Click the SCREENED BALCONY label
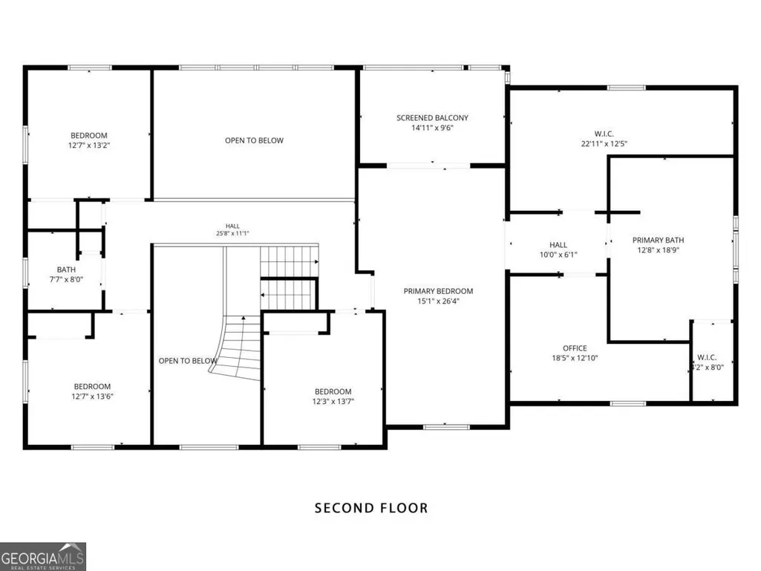click(432, 117)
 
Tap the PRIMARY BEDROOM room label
click(438, 291)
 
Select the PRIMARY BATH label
click(658, 240)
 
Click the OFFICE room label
click(575, 348)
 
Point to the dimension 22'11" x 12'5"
click(604, 143)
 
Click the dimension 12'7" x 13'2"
click(89, 146)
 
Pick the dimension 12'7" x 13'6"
click(92, 397)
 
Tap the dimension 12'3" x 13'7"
click(333, 401)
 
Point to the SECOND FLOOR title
click(371, 508)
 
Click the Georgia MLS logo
click(43, 556)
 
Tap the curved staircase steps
click(237, 348)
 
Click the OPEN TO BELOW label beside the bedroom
click(254, 140)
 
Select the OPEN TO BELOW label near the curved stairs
click(187, 361)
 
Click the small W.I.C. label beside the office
click(707, 357)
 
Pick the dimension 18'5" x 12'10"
click(575, 358)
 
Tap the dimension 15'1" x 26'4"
click(438, 301)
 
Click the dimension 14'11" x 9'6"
click(432, 128)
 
